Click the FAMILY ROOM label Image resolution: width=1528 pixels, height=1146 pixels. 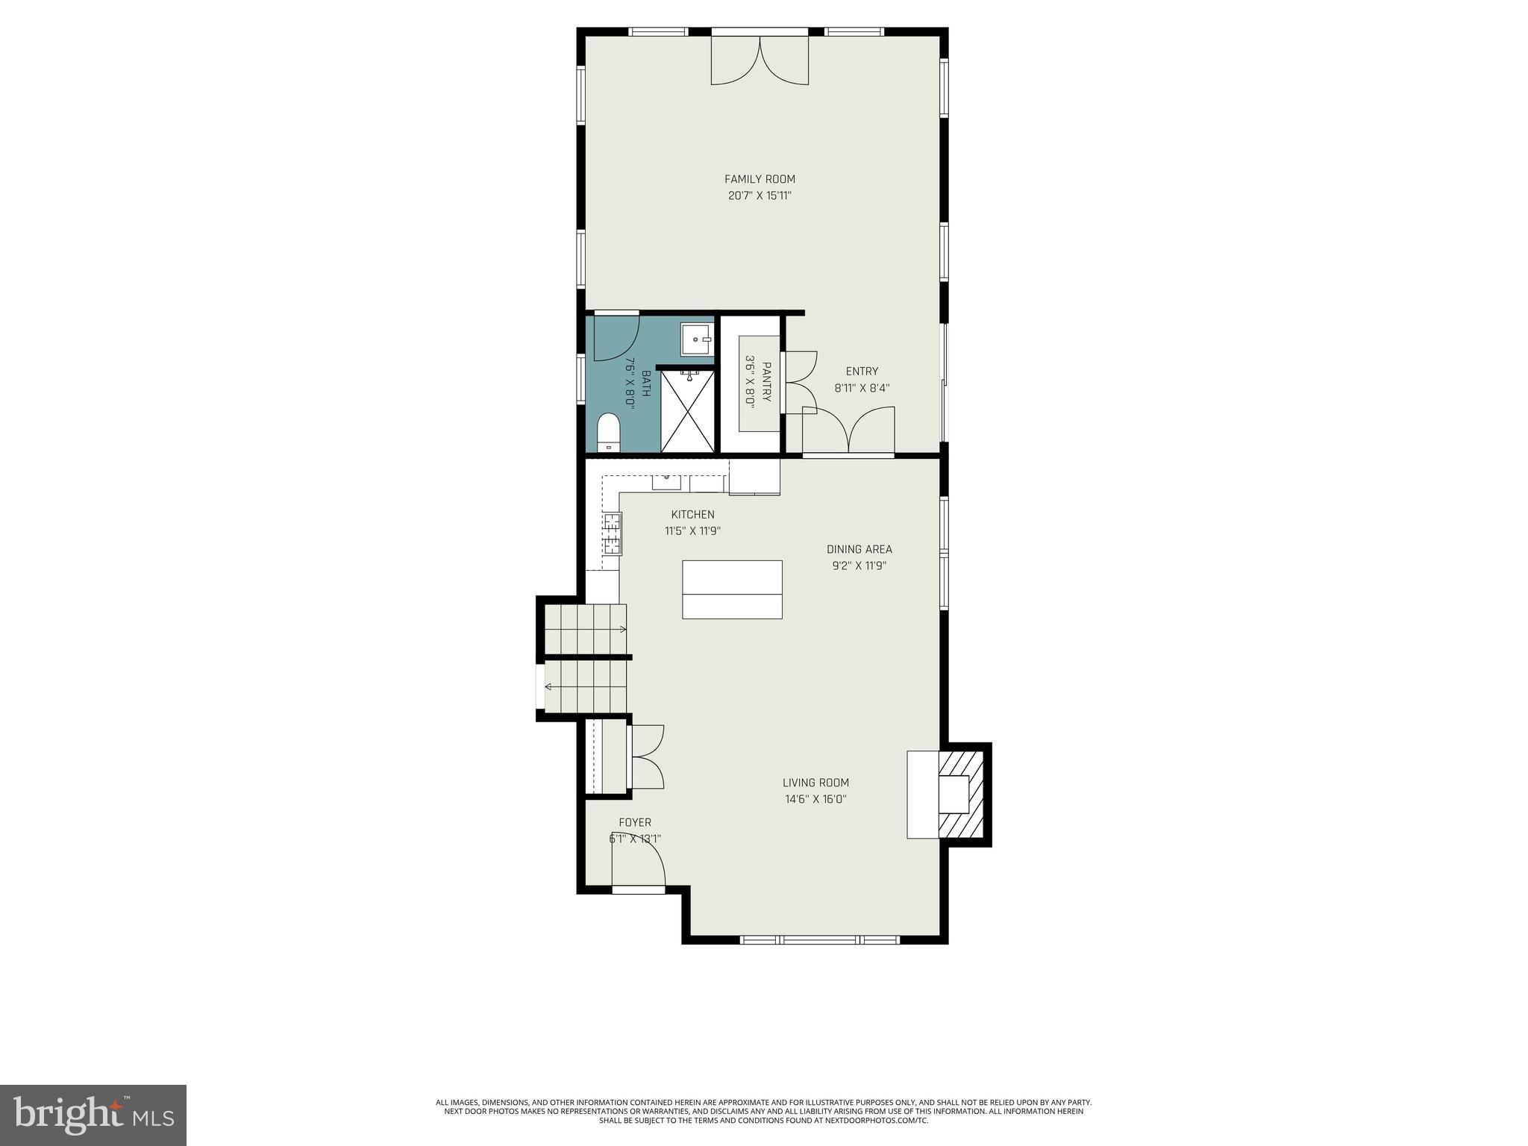pyautogui.click(x=760, y=179)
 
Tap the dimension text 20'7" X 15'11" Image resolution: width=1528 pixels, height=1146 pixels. pyautogui.click(x=760, y=196)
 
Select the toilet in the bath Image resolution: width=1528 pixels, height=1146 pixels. pyautogui.click(x=609, y=433)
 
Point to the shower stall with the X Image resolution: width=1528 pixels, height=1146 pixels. pyautogui.click(x=688, y=411)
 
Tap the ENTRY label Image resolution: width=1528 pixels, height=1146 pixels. pyautogui.click(x=862, y=372)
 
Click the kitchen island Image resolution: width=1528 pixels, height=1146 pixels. pyautogui.click(x=732, y=589)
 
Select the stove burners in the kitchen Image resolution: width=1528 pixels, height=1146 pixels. pyautogui.click(x=613, y=533)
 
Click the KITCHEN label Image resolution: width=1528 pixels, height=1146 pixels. pyautogui.click(x=692, y=515)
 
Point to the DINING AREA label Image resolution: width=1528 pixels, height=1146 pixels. pyautogui.click(x=859, y=549)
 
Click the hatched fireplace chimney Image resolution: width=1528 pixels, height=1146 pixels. pyautogui.click(x=963, y=795)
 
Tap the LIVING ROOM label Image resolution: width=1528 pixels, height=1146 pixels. pyautogui.click(x=815, y=783)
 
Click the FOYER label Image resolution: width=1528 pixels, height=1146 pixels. pyautogui.click(x=635, y=822)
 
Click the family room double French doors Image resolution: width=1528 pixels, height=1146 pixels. pyautogui.click(x=760, y=61)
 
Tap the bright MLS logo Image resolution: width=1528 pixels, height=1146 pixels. pyautogui.click(x=93, y=1115)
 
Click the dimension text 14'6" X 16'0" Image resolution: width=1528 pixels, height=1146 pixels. pyautogui.click(x=815, y=799)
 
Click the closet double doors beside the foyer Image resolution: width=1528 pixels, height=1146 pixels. pyautogui.click(x=647, y=757)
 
